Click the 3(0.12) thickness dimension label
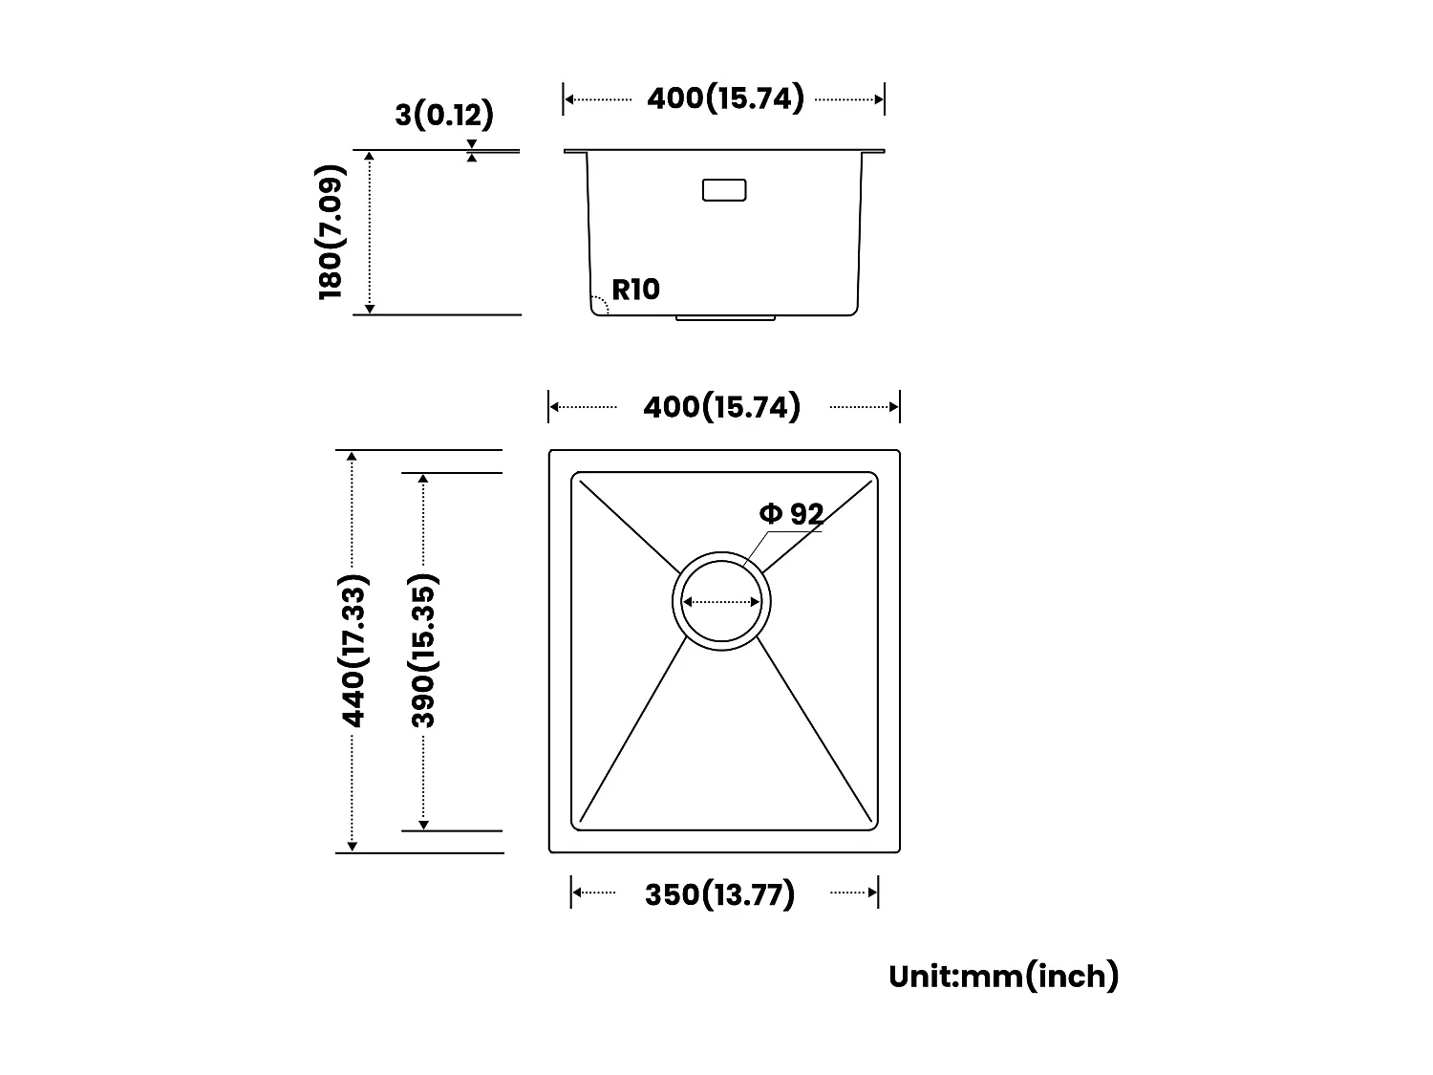click(x=444, y=115)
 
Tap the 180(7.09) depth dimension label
click(x=331, y=231)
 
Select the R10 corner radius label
click(x=635, y=289)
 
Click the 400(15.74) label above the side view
click(x=725, y=98)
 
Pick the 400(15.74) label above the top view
click(x=721, y=407)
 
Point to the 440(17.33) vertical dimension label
click(x=353, y=651)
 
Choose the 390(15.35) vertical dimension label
click(x=423, y=651)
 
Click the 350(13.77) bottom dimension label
click(x=719, y=894)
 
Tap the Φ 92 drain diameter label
click(x=791, y=514)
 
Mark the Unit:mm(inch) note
click(x=1003, y=976)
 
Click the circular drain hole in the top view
click(x=722, y=598)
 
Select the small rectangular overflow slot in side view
click(x=723, y=189)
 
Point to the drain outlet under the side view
click(x=725, y=316)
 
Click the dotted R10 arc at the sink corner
click(x=600, y=303)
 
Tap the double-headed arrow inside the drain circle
click(x=722, y=602)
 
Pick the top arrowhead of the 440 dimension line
click(x=353, y=458)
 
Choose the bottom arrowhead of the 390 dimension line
click(x=423, y=825)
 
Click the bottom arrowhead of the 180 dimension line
click(x=371, y=308)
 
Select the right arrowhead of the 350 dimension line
click(x=872, y=892)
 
